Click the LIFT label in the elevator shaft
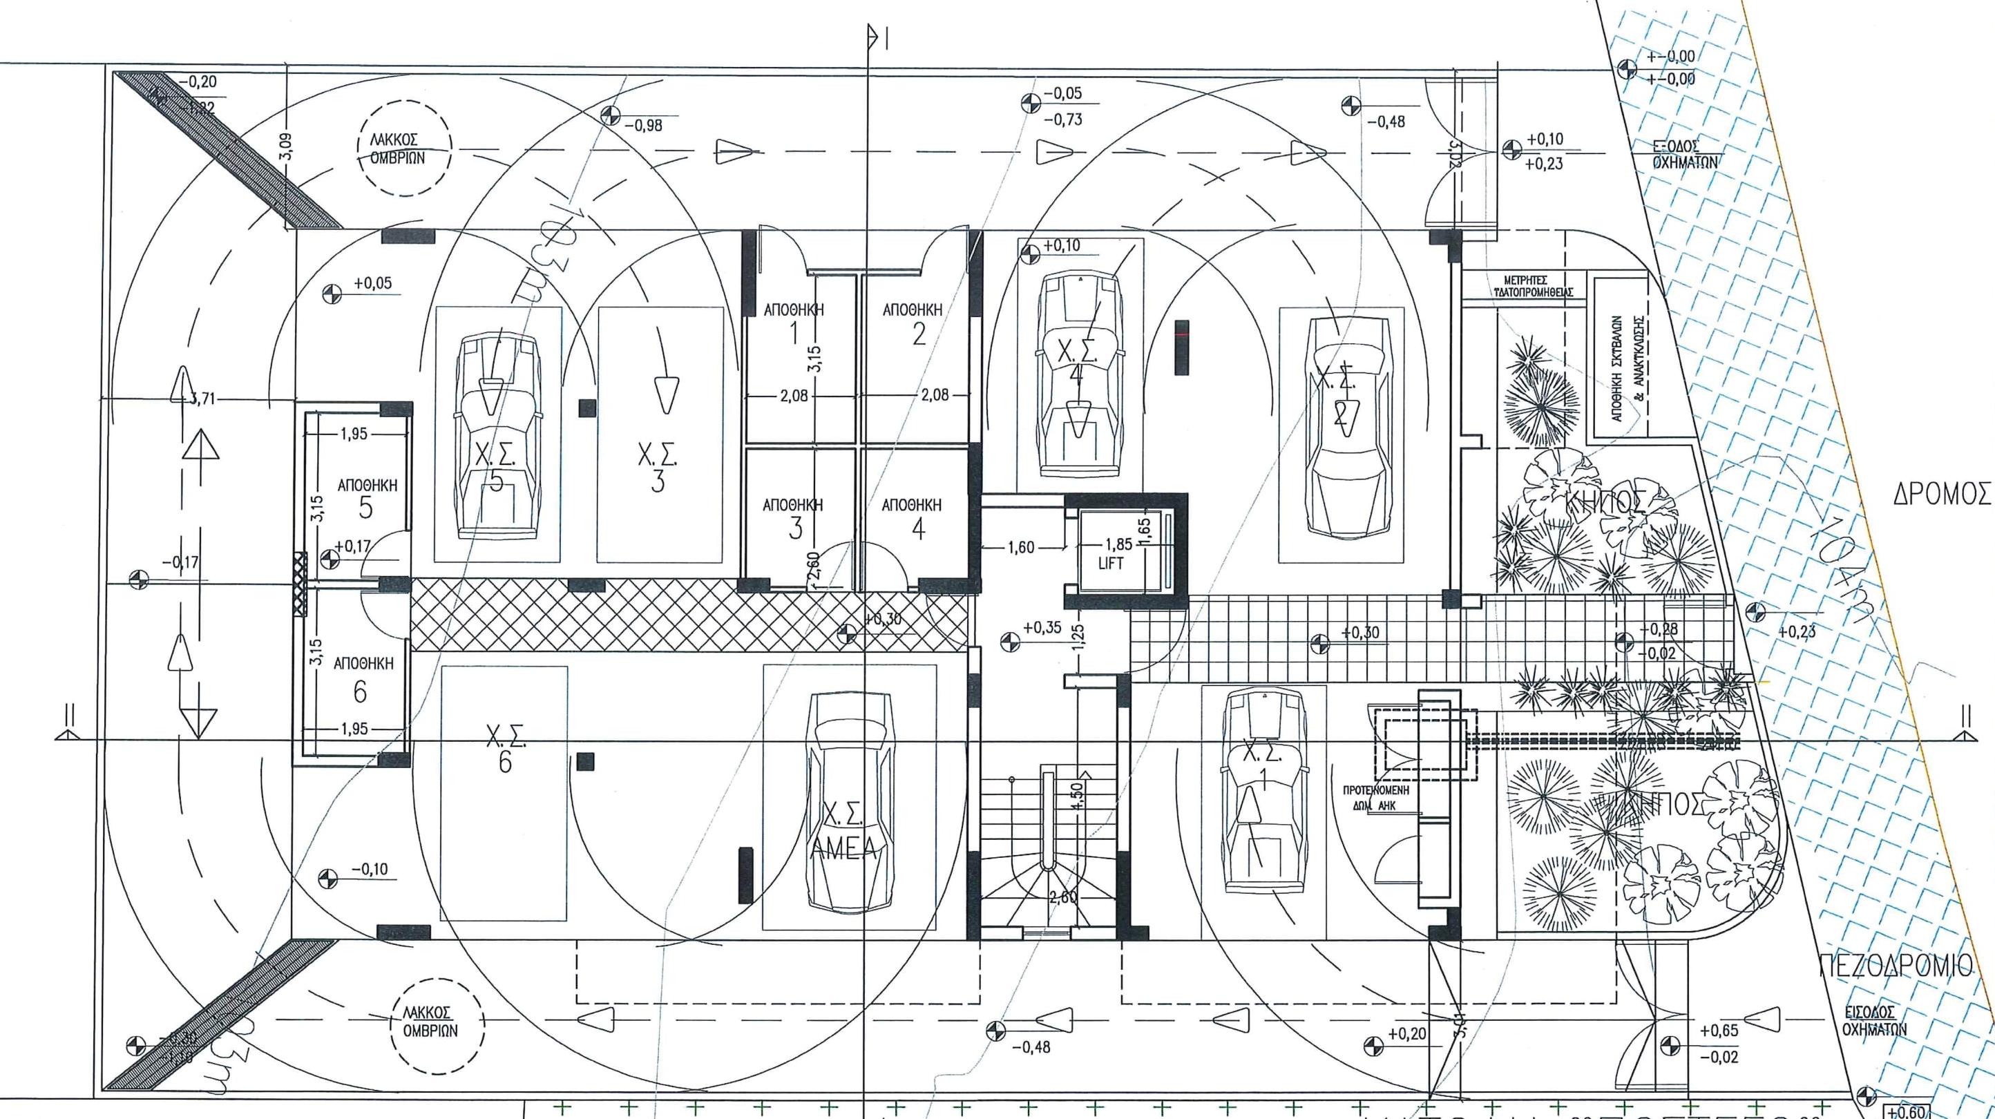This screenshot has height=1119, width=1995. click(x=1110, y=564)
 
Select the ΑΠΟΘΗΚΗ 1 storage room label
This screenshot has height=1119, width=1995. click(x=793, y=321)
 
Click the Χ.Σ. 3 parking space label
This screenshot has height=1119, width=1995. click(x=657, y=468)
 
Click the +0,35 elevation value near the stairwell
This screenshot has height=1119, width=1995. click(x=1042, y=628)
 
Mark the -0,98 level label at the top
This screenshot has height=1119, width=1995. click(x=643, y=124)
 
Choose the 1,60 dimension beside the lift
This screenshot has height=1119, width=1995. click(x=1021, y=548)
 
